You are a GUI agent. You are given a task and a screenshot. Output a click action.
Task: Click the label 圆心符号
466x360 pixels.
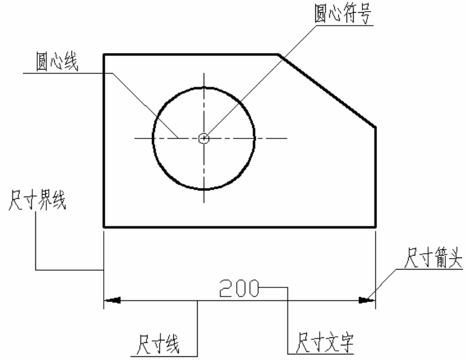343,14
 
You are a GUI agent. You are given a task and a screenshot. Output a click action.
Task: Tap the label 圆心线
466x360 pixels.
57,62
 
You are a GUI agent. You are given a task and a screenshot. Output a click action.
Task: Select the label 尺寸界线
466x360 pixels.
37,200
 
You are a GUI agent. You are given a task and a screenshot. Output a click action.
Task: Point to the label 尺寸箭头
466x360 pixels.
434,257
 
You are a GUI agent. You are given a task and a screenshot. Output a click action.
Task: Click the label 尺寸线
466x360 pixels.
158,345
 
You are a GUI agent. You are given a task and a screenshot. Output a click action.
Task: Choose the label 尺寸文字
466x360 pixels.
324,342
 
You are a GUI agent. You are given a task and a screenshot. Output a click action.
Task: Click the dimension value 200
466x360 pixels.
239,289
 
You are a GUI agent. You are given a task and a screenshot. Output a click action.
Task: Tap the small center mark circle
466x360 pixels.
204,139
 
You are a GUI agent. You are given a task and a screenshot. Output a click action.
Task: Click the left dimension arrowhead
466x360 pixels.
112,301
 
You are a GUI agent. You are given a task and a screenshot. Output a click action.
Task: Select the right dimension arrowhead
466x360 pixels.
367,301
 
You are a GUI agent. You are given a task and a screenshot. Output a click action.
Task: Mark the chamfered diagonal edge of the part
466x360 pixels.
327,91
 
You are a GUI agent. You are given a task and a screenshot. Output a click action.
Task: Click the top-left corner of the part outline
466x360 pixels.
104,54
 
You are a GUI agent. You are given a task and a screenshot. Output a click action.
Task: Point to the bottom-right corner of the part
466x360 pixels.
376,227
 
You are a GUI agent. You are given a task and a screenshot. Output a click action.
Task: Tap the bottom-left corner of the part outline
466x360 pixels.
104,227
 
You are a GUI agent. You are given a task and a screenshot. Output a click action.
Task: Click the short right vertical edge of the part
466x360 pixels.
376,177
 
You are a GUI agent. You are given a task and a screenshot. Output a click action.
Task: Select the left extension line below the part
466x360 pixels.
104,270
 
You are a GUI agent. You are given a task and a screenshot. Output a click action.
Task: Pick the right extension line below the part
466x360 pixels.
376,270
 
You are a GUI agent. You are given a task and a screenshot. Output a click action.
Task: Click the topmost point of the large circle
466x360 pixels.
204,88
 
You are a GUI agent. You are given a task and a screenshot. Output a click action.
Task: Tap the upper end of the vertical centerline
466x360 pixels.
204,73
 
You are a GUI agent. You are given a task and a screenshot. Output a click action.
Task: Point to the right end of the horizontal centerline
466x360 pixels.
287,139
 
